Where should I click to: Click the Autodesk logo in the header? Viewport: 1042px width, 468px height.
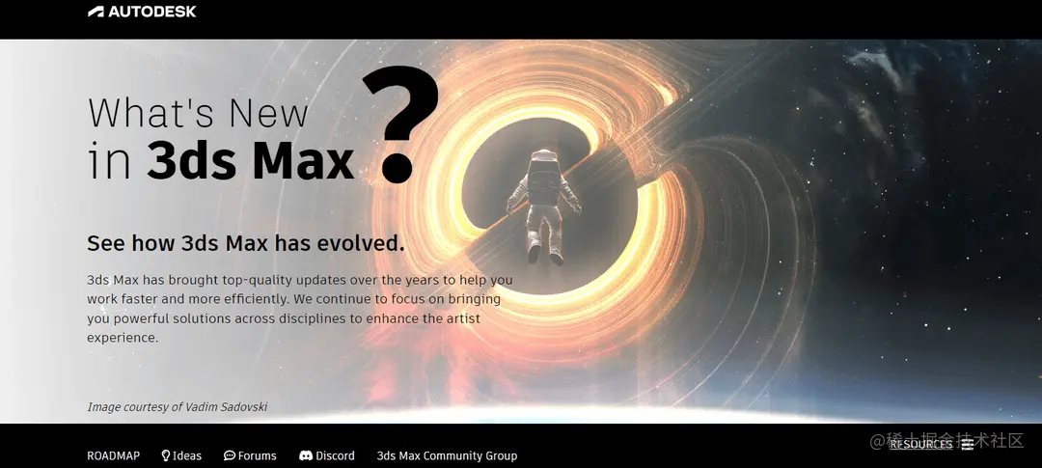142,12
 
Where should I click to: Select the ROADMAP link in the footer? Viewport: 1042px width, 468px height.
113,455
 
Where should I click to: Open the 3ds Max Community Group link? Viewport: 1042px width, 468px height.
447,455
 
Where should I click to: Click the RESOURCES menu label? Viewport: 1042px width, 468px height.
920,445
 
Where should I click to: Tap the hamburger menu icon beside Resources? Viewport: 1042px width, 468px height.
967,445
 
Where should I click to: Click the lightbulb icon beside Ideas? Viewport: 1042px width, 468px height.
166,455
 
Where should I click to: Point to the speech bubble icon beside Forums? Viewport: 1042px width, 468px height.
230,455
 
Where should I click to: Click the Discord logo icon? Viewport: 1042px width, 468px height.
306,455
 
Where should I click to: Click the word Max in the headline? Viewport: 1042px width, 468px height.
303,161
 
